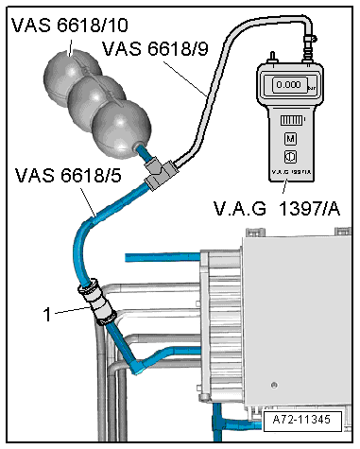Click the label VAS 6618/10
[x=70, y=26]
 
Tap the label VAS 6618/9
[x=155, y=48]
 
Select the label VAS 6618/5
[x=68, y=175]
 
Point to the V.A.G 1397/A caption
[x=277, y=208]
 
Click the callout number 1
[x=47, y=314]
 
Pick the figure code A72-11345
[x=301, y=420]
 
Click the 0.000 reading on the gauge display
[x=288, y=84]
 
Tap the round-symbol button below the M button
[x=290, y=157]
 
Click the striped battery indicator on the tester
[x=291, y=120]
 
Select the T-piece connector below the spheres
[x=161, y=172]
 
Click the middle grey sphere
[x=96, y=101]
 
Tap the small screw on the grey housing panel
[x=274, y=385]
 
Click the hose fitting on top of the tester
[x=308, y=49]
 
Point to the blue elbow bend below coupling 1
[x=139, y=366]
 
